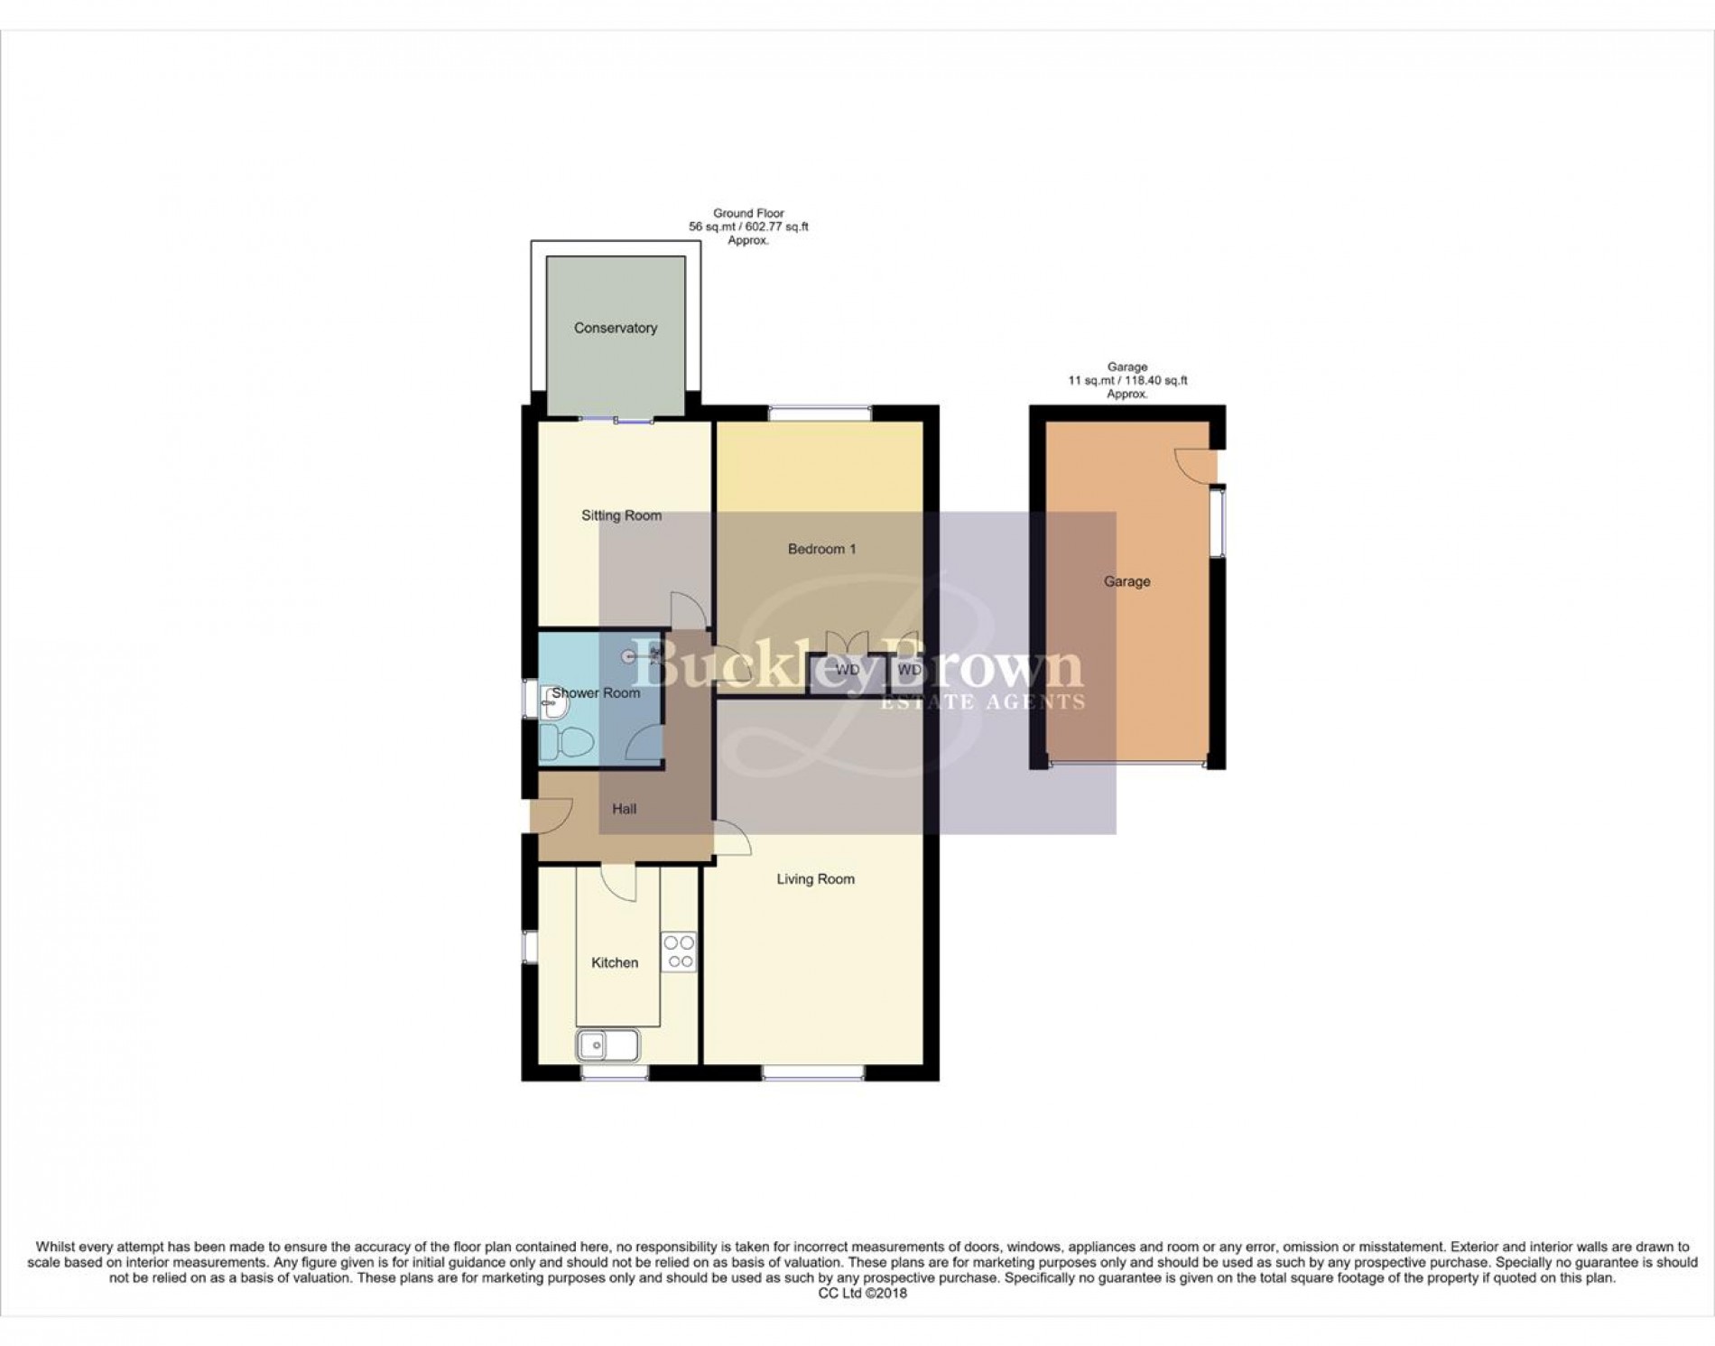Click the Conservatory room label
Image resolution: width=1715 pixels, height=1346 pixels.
coord(615,328)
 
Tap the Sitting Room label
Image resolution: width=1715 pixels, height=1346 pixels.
coord(621,515)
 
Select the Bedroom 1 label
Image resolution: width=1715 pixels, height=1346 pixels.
coord(821,549)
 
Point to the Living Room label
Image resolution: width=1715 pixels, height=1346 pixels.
coord(815,879)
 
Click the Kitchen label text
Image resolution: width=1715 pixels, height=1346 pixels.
coord(614,963)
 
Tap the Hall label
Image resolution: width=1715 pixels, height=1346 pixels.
coord(624,809)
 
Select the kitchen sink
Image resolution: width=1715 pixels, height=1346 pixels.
coord(607,1045)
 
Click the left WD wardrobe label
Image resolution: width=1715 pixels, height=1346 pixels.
coord(847,670)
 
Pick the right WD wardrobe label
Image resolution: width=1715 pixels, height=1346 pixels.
coord(909,670)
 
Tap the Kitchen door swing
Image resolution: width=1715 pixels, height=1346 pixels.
coord(617,883)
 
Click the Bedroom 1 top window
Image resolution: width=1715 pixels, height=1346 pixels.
coord(820,413)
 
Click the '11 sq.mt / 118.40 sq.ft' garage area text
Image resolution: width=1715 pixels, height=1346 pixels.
coord(1126,381)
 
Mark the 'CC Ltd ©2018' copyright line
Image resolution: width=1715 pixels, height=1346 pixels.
coord(862,1293)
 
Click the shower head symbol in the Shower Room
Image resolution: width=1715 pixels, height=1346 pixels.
coord(632,657)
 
